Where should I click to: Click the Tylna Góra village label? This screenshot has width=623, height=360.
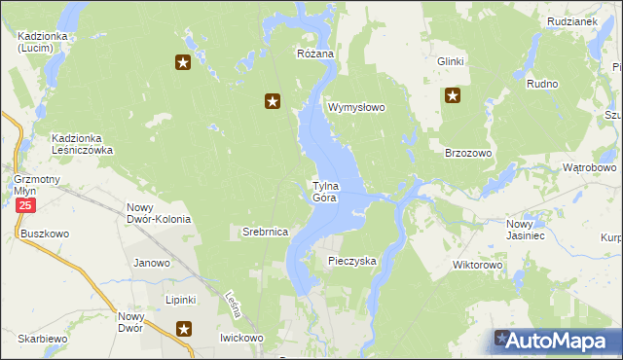(324, 192)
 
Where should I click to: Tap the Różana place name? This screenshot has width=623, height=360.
(315, 54)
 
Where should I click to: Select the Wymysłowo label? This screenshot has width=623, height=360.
(357, 107)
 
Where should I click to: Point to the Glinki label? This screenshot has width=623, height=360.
(451, 61)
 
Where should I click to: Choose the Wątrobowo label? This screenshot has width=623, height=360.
(590, 167)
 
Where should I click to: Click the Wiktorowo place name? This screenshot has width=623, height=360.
(477, 265)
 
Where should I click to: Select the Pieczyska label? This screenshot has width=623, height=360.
(351, 261)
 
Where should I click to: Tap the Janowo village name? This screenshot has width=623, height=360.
(152, 263)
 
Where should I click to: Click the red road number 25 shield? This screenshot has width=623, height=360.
(25, 206)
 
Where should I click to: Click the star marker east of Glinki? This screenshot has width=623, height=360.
(453, 95)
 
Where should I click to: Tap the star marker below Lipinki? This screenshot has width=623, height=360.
(183, 331)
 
